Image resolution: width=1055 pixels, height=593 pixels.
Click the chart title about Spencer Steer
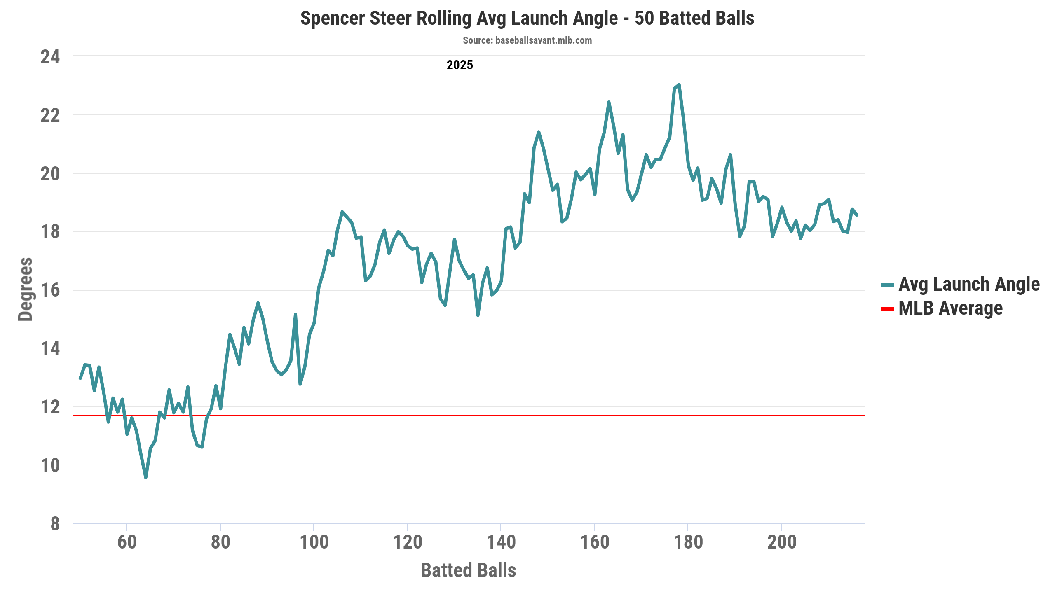tap(527, 19)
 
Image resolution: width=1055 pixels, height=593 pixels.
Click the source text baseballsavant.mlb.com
tap(527, 40)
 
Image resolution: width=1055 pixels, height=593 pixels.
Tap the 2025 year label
tap(460, 65)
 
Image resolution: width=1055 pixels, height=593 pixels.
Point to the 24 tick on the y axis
tap(50, 57)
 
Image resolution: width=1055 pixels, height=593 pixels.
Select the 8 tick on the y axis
tap(55, 524)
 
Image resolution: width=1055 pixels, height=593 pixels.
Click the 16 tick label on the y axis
tap(50, 290)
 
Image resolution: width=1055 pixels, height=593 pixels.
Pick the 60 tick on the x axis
tap(127, 542)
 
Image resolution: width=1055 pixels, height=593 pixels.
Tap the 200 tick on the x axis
tap(782, 542)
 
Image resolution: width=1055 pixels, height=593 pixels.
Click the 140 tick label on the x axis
tap(501, 542)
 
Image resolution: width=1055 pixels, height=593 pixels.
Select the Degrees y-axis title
tap(26, 289)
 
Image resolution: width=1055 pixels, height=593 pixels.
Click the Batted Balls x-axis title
tap(468, 570)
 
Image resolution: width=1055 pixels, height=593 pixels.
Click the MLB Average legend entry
tap(950, 308)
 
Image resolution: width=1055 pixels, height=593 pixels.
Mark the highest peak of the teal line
tap(679, 85)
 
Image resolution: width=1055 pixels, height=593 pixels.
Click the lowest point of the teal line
tap(146, 477)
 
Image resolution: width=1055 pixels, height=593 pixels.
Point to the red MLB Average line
tap(495, 416)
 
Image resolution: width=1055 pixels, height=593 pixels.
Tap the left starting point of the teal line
tap(80, 378)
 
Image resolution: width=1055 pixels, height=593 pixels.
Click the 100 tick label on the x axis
tap(314, 542)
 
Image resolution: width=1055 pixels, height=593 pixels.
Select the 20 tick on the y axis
tap(50, 174)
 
